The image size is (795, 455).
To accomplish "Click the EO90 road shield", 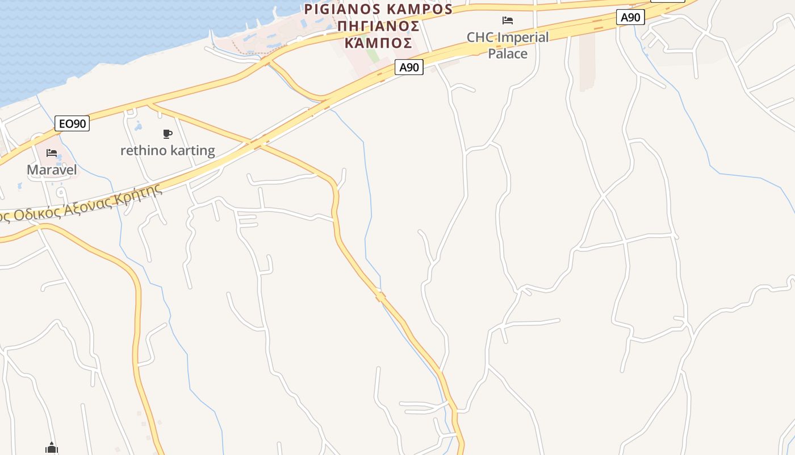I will coord(73,123).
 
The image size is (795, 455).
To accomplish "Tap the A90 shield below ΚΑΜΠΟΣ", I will coord(409,67).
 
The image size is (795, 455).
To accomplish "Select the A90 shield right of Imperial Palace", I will coord(630,17).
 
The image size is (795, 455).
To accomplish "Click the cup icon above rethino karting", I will coord(167,134).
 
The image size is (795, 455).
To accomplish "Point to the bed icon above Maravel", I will coord(52,153).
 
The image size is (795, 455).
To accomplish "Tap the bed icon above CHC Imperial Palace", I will coord(508,20).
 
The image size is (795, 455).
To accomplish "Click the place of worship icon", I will coord(52,449).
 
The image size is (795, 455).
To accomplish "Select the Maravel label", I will coord(52,169).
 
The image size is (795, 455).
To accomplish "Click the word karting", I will coord(193,151).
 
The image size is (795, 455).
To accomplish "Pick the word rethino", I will coord(144,151).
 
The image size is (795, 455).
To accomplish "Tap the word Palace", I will coord(508,53).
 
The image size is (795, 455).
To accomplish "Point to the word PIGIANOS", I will coord(342,10).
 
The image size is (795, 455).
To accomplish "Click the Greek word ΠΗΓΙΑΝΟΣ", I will coord(378,26).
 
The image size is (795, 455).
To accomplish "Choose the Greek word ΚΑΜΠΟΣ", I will coord(378,43).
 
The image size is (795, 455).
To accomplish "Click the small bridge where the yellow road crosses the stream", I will coord(380,296).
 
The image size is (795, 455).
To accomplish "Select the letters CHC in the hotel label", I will coord(480,38).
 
